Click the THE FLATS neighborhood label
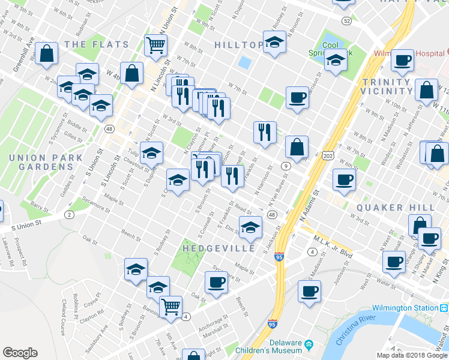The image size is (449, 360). [x=96, y=44]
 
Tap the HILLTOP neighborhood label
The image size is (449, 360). [x=239, y=45]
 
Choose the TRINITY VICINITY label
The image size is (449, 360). [x=387, y=86]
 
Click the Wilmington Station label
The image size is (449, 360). [x=405, y=308]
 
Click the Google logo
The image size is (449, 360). [x=20, y=353]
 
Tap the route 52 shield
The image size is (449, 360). [x=346, y=21]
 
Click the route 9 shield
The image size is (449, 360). [x=286, y=166]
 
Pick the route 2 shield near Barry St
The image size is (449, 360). [x=70, y=214]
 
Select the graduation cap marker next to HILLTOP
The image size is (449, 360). [x=275, y=43]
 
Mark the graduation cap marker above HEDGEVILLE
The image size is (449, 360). [x=250, y=226]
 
